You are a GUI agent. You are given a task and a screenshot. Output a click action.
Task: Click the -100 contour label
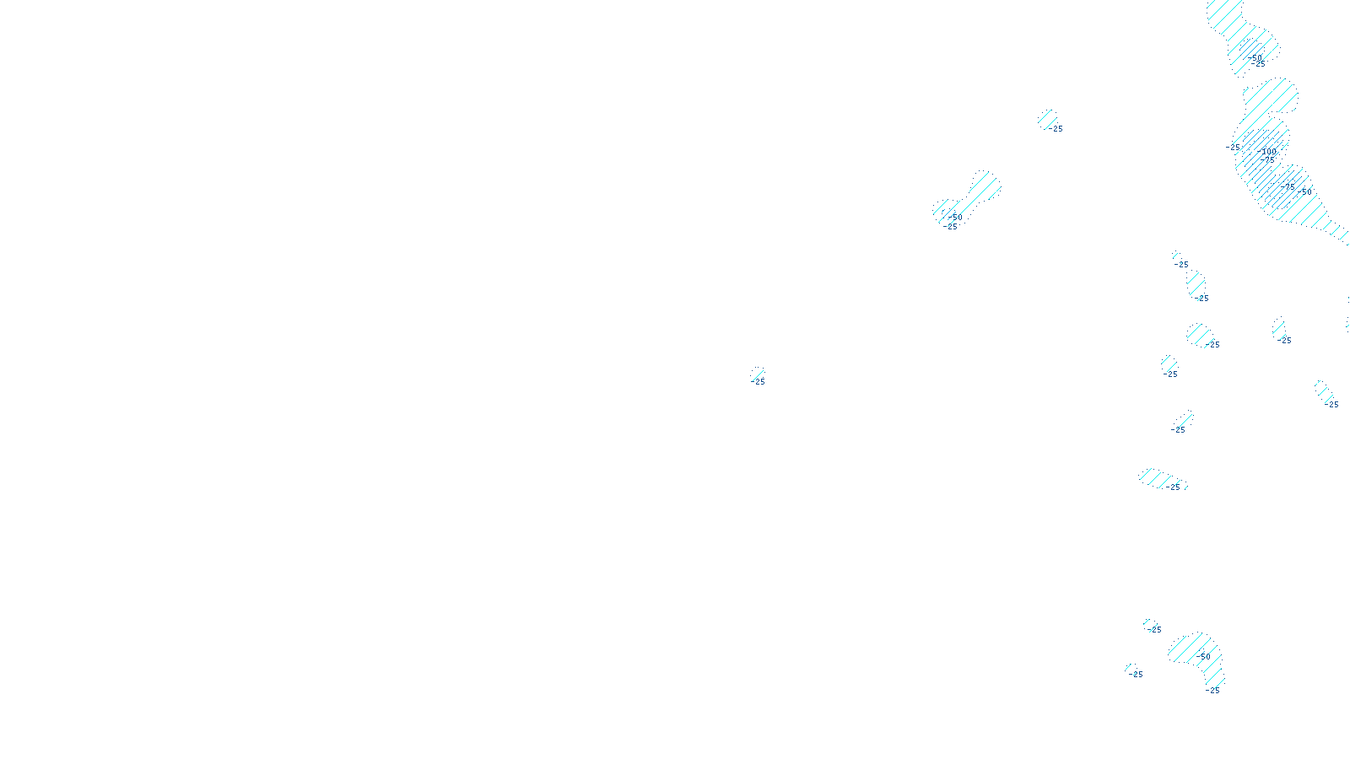[1266, 152]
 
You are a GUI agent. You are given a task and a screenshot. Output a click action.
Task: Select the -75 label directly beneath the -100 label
[1266, 160]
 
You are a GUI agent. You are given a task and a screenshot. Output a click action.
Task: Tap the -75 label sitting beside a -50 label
[1288, 186]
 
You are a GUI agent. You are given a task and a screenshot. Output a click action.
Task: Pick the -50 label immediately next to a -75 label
[1304, 192]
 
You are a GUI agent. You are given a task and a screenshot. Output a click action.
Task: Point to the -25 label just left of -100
[1233, 147]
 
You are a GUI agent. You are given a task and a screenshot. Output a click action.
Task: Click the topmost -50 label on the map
[1254, 58]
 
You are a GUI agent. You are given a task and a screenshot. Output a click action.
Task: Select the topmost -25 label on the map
[1258, 64]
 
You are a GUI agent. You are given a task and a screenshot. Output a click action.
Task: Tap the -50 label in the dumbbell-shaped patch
[955, 218]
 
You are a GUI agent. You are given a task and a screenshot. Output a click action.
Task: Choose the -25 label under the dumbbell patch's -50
[950, 227]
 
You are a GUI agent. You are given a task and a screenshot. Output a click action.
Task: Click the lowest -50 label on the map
[1203, 657]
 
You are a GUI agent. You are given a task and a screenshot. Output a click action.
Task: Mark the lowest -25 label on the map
[1212, 691]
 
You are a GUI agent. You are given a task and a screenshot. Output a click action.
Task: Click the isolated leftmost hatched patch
[758, 374]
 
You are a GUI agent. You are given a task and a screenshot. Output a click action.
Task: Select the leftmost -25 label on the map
[758, 382]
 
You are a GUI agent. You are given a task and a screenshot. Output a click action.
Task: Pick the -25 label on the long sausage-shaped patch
[1172, 487]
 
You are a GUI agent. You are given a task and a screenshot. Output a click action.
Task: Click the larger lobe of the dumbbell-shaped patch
[984, 186]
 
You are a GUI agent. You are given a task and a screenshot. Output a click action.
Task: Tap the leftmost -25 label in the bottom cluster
[1136, 675]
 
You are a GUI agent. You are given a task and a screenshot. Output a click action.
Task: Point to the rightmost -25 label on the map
[1331, 405]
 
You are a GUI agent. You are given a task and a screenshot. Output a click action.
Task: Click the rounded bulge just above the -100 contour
[1272, 96]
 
